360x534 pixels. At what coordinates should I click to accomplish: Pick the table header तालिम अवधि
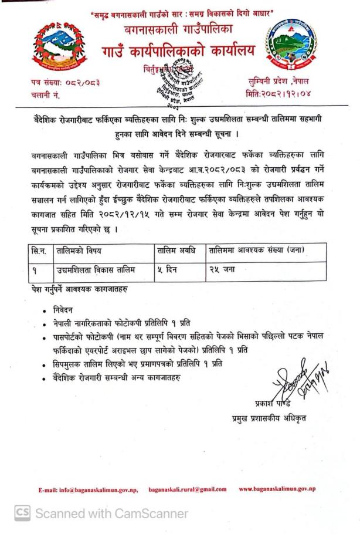tap(177, 251)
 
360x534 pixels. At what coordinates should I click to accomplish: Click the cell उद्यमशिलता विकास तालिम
tap(96, 269)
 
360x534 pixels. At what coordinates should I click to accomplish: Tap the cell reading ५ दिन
tap(168, 269)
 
